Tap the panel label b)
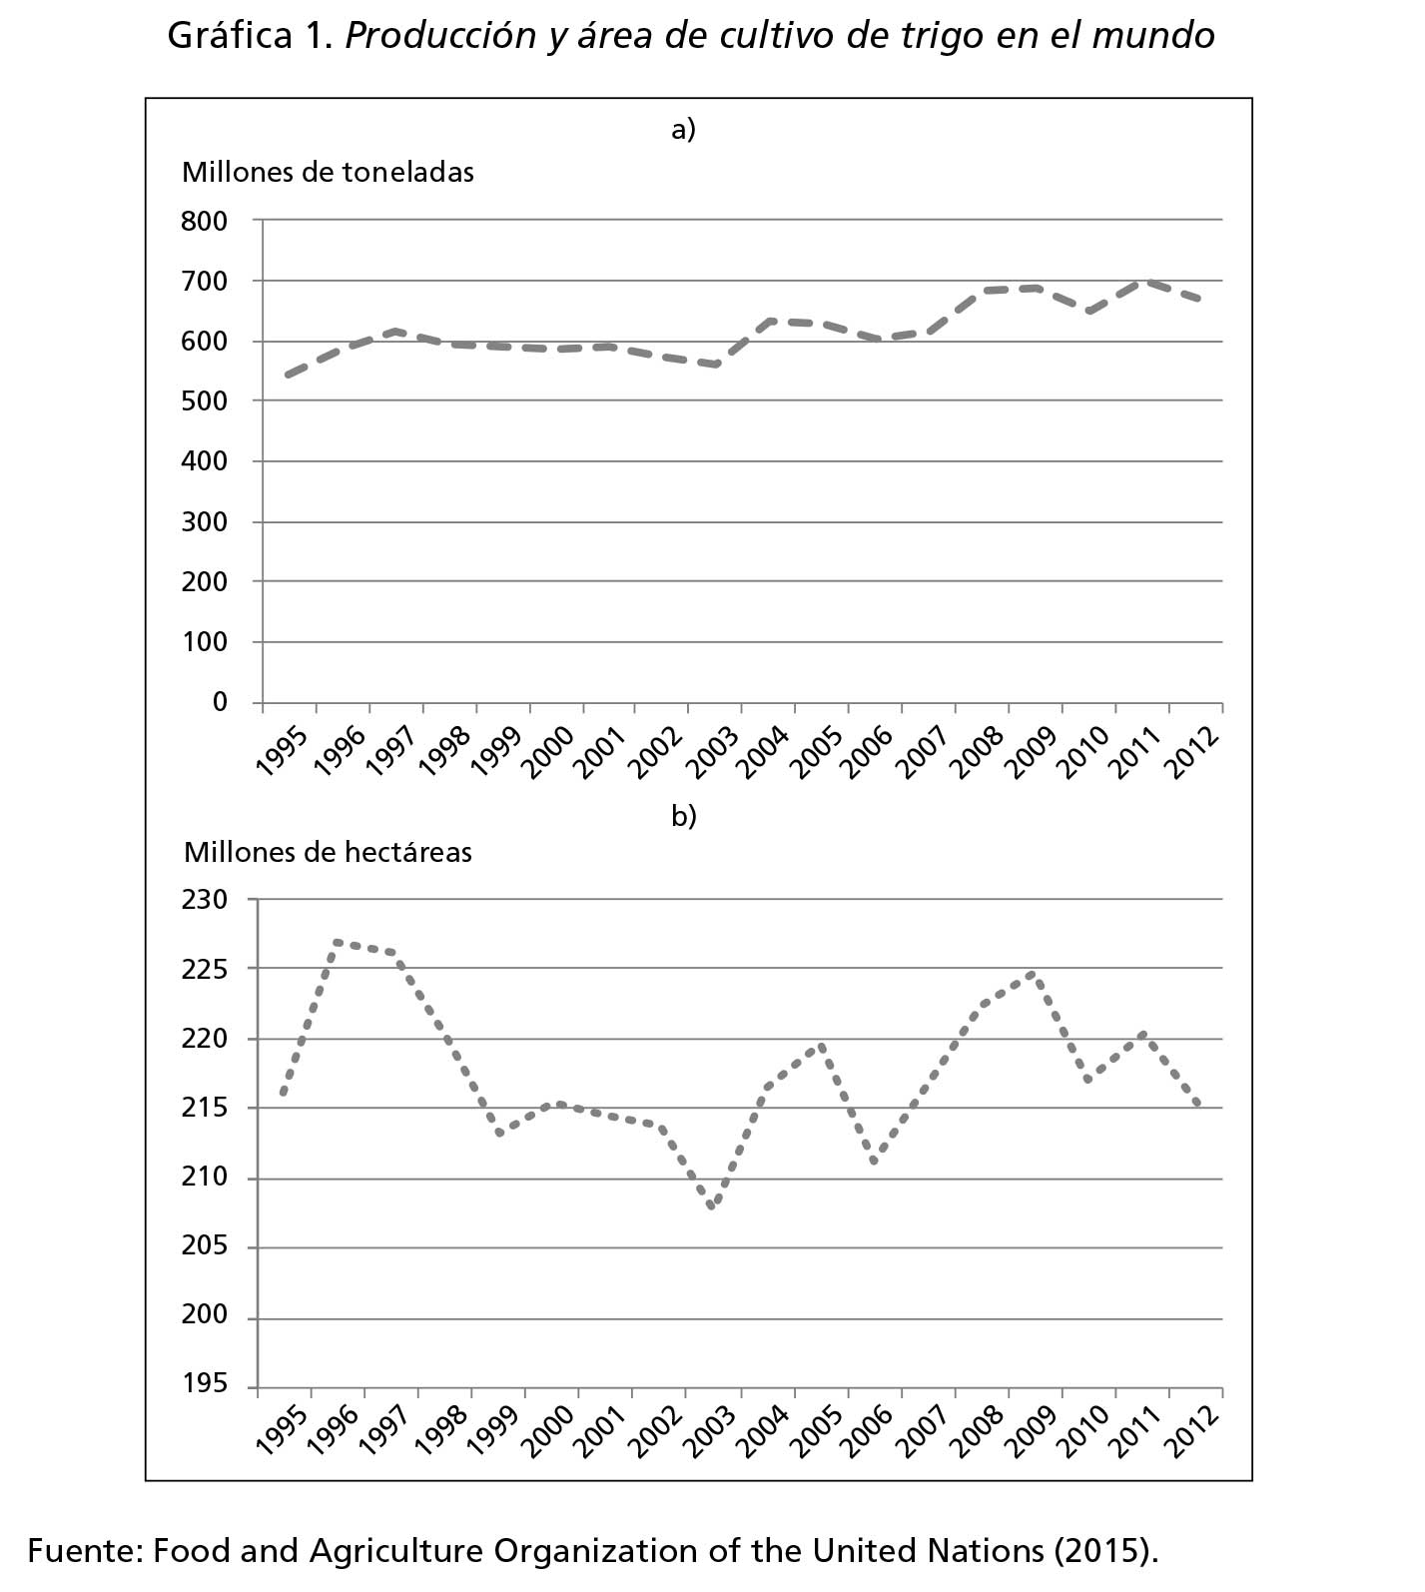(x=684, y=816)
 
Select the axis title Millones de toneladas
(x=328, y=172)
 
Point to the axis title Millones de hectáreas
(x=328, y=852)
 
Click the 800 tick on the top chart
(x=205, y=221)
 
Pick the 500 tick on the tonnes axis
(x=205, y=401)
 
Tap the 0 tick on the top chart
(x=220, y=702)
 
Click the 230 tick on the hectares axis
(x=205, y=900)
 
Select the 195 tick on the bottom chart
(x=205, y=1385)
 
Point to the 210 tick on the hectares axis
(x=205, y=1178)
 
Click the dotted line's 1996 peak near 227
(x=337, y=941)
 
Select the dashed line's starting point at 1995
(x=288, y=376)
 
